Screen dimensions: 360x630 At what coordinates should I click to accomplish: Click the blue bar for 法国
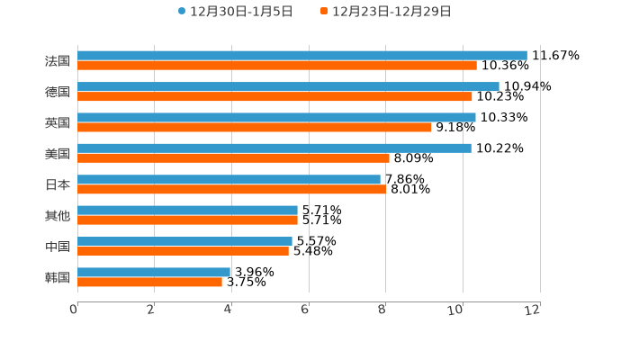click(301, 55)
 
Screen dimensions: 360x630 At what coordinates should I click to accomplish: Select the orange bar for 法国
click(277, 66)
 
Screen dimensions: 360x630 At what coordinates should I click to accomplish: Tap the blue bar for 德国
click(288, 86)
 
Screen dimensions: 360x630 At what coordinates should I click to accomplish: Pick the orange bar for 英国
click(255, 127)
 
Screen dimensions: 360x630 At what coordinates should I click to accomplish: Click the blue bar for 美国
click(274, 148)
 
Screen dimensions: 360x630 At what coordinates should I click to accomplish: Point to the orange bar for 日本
click(232, 189)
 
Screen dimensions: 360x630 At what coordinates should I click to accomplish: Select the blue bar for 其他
click(187, 210)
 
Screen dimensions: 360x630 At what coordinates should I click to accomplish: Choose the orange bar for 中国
click(183, 251)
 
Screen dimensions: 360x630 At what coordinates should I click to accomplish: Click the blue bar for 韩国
click(154, 272)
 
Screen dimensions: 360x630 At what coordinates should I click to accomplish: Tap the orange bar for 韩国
click(149, 282)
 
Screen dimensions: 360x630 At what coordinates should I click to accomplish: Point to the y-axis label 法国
click(58, 61)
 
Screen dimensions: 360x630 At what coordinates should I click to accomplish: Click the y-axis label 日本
click(58, 184)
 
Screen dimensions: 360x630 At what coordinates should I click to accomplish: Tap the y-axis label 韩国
click(58, 277)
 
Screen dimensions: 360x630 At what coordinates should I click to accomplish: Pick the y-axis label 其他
click(58, 215)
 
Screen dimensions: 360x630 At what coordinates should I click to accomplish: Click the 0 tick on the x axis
click(74, 310)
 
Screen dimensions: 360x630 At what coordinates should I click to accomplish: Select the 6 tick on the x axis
click(305, 310)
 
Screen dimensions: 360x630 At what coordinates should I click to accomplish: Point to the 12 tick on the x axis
click(533, 310)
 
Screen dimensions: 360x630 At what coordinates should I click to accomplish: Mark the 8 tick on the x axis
click(382, 310)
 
